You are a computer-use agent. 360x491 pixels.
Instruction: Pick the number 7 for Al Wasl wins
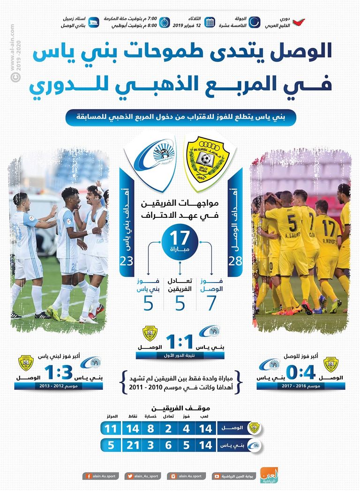211,303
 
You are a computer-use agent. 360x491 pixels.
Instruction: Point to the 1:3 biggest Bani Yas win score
58,373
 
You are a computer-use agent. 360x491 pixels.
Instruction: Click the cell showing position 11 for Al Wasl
111,428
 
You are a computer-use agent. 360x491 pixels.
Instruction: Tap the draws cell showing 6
168,445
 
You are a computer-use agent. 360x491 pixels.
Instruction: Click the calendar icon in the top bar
210,22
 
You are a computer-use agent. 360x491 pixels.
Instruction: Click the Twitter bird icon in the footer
129,476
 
